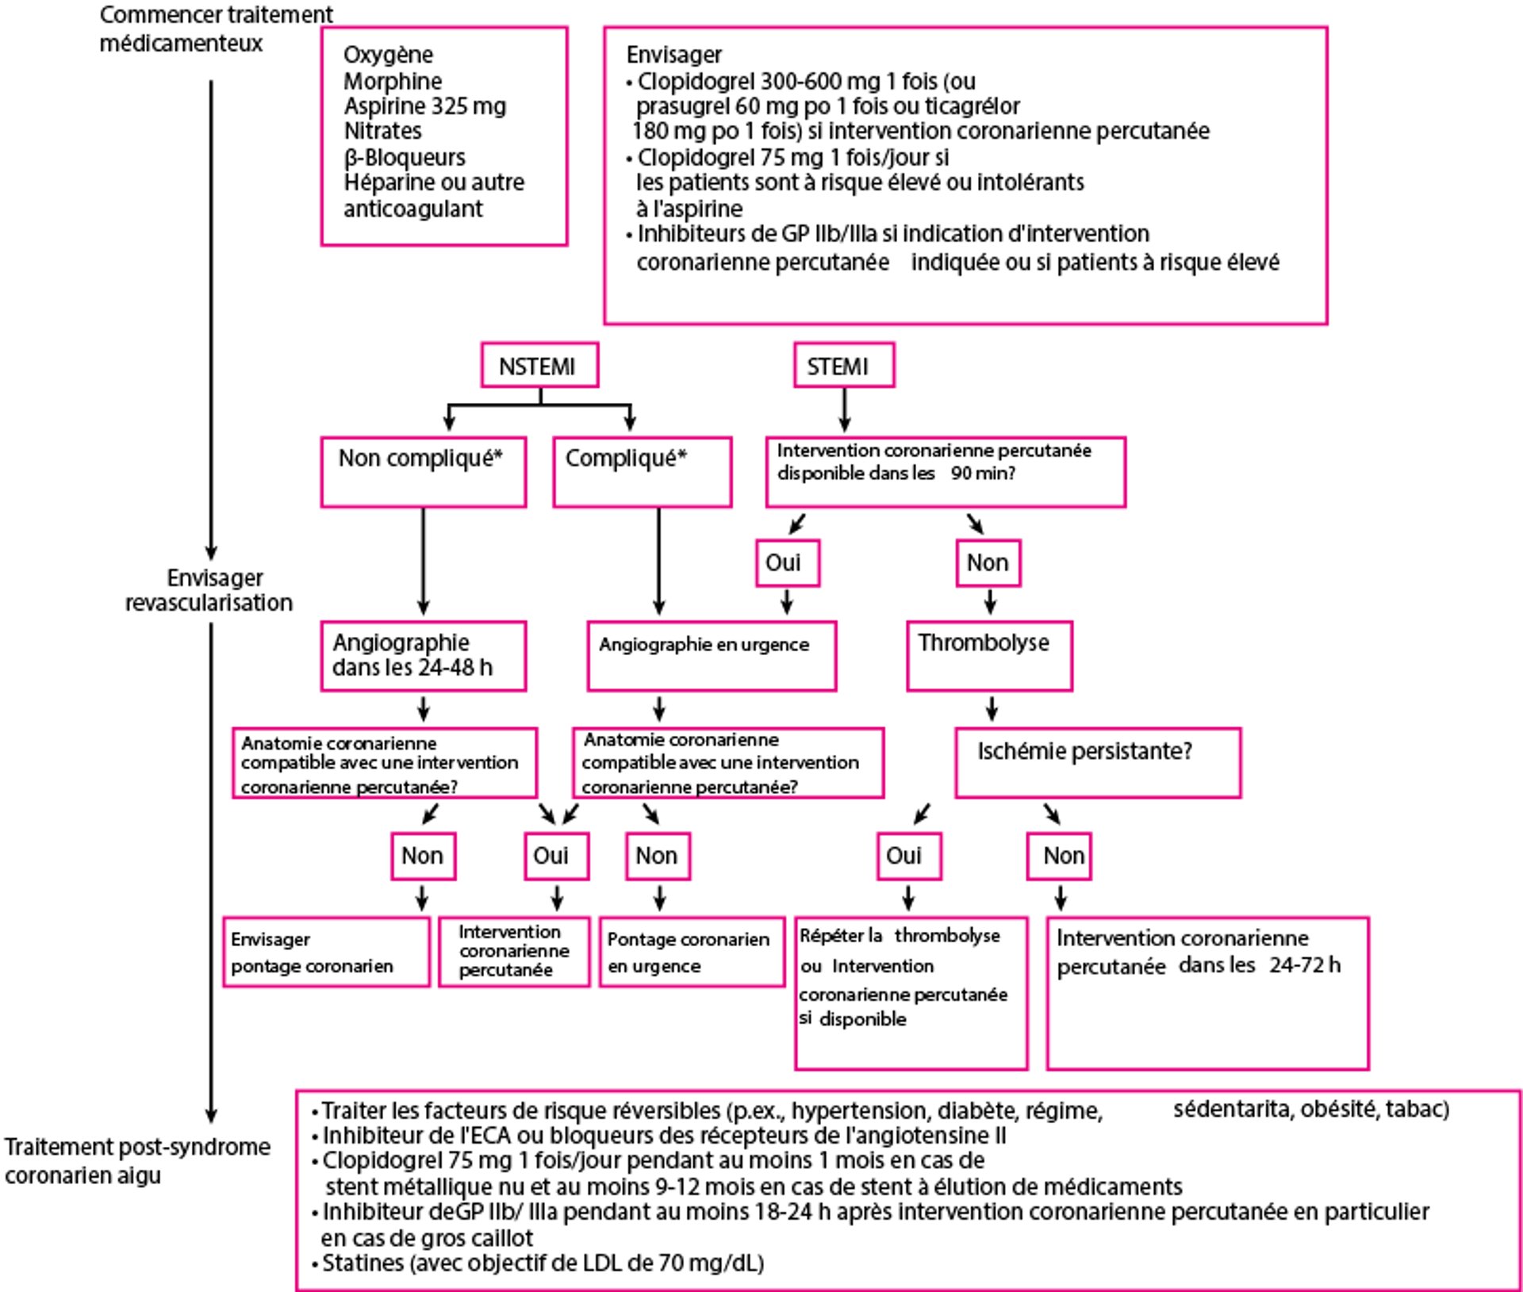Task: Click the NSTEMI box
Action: pos(539,366)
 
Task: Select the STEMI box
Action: pos(844,366)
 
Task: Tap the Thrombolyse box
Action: pos(989,656)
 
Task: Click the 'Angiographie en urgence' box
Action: pos(712,656)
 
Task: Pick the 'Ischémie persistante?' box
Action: pos(1098,762)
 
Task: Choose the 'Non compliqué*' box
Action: pos(423,472)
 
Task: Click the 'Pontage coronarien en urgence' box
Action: pos(692,952)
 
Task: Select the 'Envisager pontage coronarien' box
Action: pos(326,952)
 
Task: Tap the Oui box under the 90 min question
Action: pos(787,563)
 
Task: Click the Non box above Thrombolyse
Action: pos(988,563)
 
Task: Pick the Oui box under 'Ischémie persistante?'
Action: pos(909,856)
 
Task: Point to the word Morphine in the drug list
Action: pos(393,81)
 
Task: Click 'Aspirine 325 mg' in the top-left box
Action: pos(424,106)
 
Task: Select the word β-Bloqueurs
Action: pos(405,157)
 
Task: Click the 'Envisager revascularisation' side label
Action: pos(209,590)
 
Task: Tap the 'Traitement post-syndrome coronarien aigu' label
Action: pos(137,1160)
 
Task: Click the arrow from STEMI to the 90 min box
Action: pos(844,411)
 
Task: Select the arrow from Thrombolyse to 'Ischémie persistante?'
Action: pos(992,708)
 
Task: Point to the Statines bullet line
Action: pos(543,1263)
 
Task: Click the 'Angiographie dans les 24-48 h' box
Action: pos(423,656)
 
